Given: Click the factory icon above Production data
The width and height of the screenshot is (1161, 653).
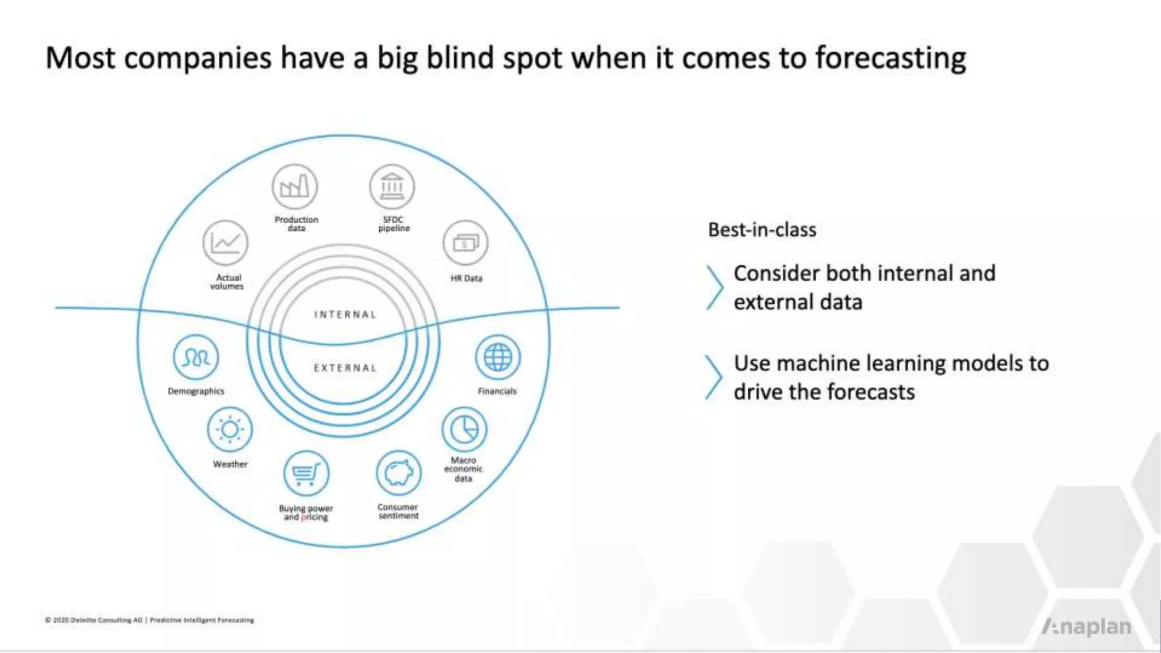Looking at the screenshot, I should click(x=294, y=186).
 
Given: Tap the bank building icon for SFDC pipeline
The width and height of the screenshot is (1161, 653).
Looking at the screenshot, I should click(x=392, y=186).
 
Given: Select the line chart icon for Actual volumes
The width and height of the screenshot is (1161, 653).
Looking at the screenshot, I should click(x=226, y=243).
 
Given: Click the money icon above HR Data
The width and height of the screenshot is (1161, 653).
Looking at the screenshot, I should click(x=465, y=243).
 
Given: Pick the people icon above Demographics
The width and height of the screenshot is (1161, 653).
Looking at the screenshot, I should click(x=196, y=357).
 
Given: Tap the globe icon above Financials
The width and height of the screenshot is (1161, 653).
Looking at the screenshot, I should click(x=498, y=357).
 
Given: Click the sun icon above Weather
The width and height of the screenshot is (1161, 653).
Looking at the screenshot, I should click(x=230, y=429).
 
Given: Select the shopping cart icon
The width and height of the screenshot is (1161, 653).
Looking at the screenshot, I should click(x=306, y=473).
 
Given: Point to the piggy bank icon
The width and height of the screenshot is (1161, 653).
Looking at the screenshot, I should click(x=399, y=473).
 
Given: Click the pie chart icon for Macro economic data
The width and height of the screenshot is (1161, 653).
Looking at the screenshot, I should click(x=464, y=429).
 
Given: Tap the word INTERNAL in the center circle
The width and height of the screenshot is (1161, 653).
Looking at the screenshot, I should click(x=345, y=315).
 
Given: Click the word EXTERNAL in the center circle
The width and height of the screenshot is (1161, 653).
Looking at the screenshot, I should click(x=345, y=368).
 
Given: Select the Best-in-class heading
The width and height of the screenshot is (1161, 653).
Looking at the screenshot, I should click(x=762, y=230).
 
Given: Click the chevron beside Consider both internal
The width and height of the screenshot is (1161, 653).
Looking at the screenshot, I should click(x=714, y=287).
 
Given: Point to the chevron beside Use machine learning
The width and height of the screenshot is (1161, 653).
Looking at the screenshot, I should click(x=713, y=378).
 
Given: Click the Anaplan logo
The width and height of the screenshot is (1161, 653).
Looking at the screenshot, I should click(x=1086, y=626).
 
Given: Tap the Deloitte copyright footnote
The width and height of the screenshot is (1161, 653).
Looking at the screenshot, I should click(x=150, y=620).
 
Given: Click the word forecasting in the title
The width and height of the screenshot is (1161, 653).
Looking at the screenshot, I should click(x=891, y=58).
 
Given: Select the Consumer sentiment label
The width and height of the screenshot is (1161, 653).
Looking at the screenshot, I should click(x=398, y=511).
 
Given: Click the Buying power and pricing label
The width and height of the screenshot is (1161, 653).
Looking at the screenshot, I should click(x=306, y=512).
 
